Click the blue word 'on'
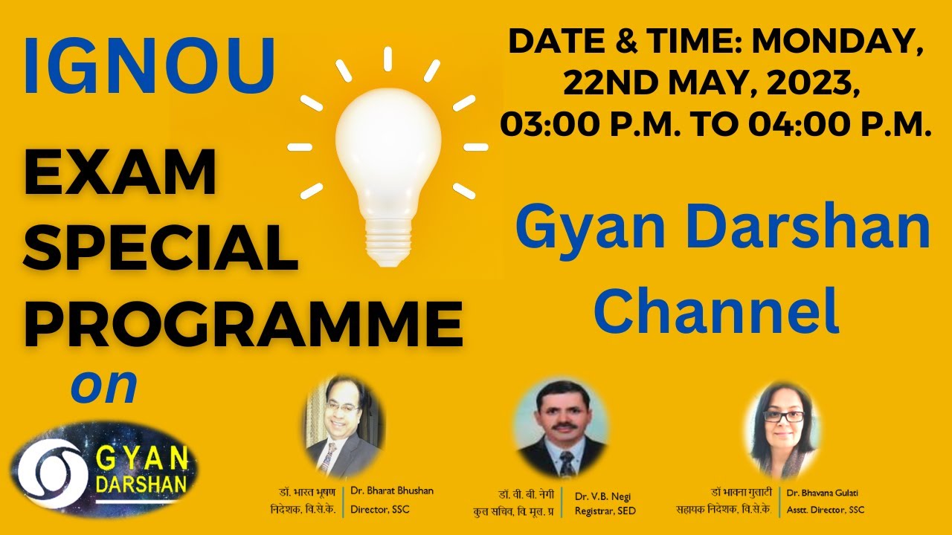pyautogui.click(x=104, y=386)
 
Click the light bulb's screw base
pyautogui.click(x=387, y=242)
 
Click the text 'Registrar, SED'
pyautogui.click(x=605, y=511)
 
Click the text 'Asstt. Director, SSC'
pyautogui.click(x=826, y=510)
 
